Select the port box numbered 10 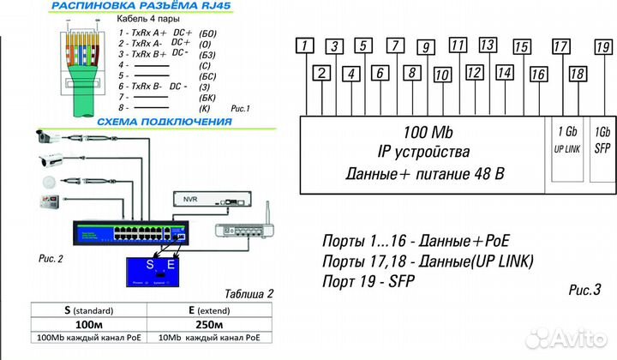pyautogui.click(x=442, y=75)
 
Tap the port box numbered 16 pyautogui.click(x=538, y=75)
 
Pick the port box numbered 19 pyautogui.click(x=602, y=46)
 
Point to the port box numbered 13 pyautogui.click(x=488, y=45)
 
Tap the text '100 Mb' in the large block pyautogui.click(x=428, y=132)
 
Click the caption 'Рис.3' pyautogui.click(x=585, y=290)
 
